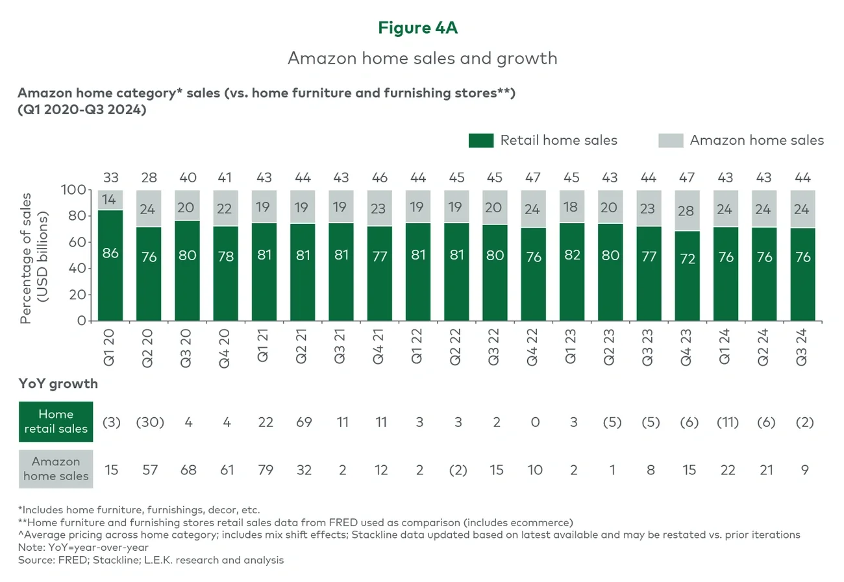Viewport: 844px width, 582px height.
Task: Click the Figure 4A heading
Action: (422, 27)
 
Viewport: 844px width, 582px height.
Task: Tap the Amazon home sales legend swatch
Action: (671, 140)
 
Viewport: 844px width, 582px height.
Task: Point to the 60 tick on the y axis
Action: (77, 242)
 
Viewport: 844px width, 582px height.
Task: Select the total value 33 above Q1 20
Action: (110, 178)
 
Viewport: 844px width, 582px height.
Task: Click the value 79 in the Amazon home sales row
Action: (265, 470)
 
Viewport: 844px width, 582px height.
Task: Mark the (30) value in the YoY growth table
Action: (149, 422)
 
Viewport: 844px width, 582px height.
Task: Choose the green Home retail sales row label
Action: (56, 422)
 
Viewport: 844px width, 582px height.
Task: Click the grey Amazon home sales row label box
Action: (56, 469)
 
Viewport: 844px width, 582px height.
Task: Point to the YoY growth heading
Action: (58, 383)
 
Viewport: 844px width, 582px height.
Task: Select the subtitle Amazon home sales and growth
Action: (422, 58)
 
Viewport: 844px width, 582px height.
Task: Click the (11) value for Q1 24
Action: (727, 422)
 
